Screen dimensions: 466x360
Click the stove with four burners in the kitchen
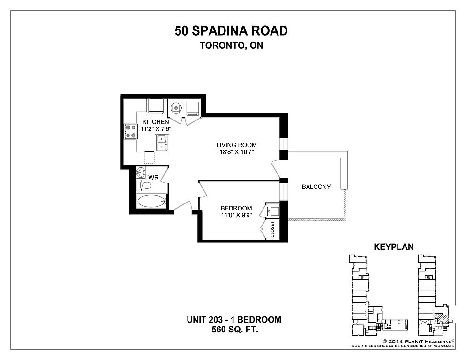coord(131,131)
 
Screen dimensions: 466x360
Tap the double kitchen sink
coord(161,142)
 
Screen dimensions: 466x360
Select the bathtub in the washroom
coord(151,201)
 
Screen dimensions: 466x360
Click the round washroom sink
coord(141,172)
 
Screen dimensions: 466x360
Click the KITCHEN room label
coord(156,122)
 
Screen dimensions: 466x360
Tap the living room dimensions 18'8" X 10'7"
coord(237,152)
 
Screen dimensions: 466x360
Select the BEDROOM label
coord(236,208)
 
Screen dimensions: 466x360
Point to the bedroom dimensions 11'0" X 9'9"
coord(236,215)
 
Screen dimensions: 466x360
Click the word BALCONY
coord(316,187)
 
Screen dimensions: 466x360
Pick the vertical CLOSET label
coord(272,230)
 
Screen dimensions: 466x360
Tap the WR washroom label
coord(153,178)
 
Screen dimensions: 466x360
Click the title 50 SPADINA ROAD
coord(231,31)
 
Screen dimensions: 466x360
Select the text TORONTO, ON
coord(231,45)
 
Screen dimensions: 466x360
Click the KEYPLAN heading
coord(393,247)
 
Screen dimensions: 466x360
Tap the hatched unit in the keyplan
coord(440,319)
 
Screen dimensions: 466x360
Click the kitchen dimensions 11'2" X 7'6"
coord(156,129)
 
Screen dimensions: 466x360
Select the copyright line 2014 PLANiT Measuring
coord(418,341)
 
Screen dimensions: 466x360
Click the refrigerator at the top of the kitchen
coord(156,106)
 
